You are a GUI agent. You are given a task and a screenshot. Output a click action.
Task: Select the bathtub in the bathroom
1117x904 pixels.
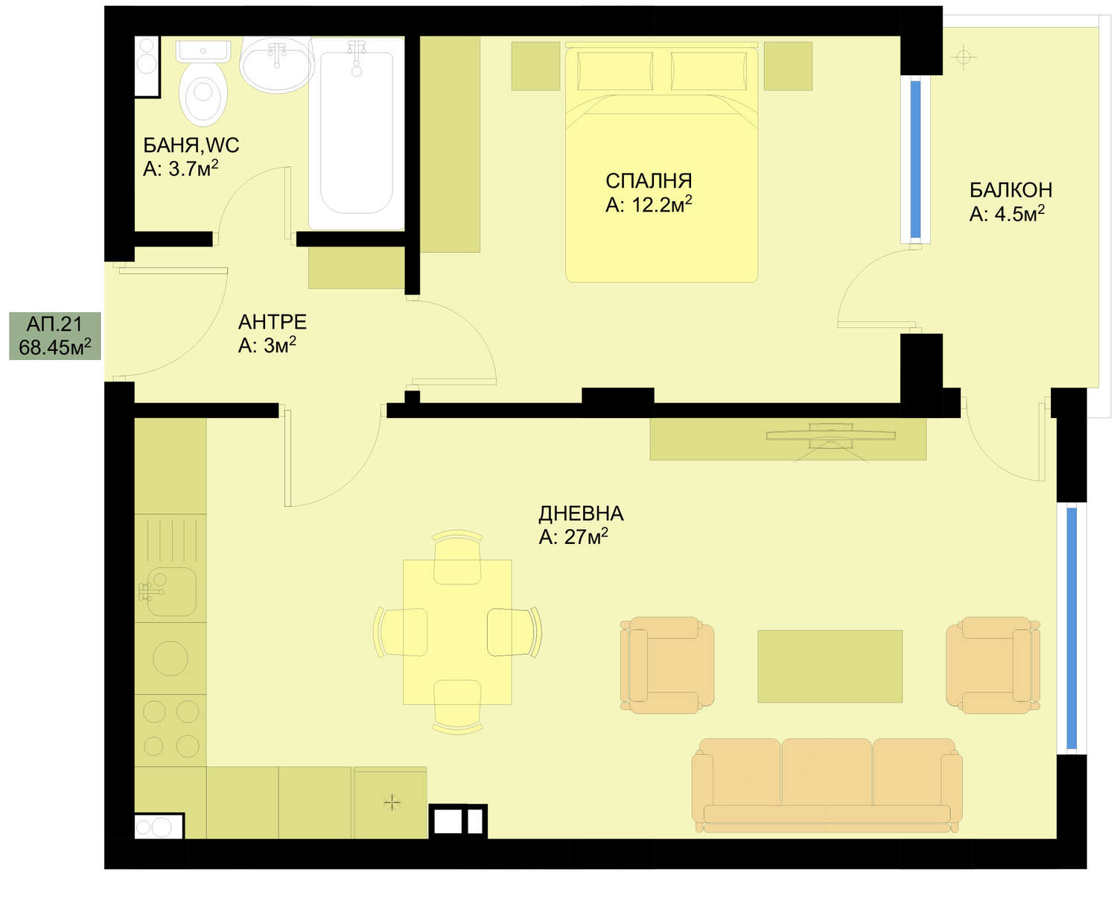click(x=356, y=133)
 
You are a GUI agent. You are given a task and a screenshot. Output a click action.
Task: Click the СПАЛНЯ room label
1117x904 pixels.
click(x=648, y=181)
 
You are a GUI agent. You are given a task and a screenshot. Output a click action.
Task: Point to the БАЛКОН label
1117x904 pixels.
click(x=1010, y=190)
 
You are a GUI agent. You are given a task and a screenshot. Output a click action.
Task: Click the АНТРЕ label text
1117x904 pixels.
click(x=272, y=322)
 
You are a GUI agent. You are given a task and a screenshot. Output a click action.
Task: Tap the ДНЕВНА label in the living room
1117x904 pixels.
click(x=581, y=513)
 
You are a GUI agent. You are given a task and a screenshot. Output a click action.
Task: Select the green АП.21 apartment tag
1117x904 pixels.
click(x=55, y=336)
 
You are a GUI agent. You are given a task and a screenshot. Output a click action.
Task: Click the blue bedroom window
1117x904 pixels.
click(x=915, y=159)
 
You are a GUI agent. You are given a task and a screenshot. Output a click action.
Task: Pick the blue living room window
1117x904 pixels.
click(x=1072, y=628)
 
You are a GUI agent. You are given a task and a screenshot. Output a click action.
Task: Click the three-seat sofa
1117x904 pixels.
click(x=827, y=786)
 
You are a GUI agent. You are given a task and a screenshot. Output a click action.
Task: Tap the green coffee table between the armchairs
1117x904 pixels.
click(x=830, y=666)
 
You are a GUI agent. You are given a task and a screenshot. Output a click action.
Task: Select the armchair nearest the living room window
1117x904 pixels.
click(x=993, y=665)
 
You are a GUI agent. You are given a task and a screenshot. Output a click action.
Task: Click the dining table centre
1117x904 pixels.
click(x=457, y=632)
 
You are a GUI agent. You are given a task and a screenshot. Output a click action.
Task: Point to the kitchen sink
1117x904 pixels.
click(x=169, y=591)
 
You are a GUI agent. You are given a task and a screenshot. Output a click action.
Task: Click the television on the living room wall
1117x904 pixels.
click(x=830, y=435)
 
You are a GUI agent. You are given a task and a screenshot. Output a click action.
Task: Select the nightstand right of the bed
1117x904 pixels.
click(x=788, y=66)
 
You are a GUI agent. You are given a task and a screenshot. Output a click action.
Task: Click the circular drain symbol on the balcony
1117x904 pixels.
click(x=964, y=57)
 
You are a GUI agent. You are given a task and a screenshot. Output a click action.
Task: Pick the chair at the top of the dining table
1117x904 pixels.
click(x=456, y=557)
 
